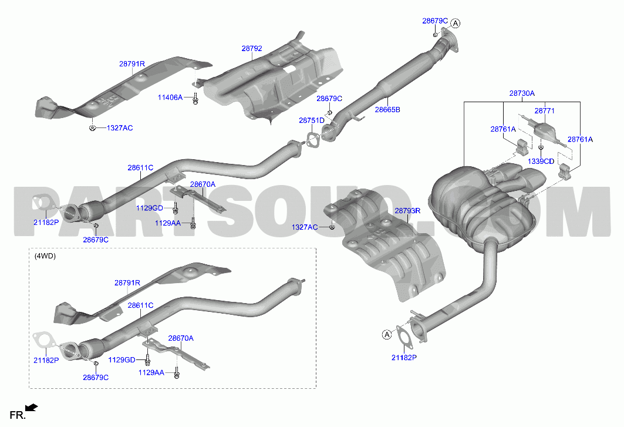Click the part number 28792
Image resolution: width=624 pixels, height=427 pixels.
pyautogui.click(x=251, y=49)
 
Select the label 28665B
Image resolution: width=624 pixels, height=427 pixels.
pyautogui.click(x=387, y=109)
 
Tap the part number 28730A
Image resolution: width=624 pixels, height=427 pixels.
pyautogui.click(x=522, y=93)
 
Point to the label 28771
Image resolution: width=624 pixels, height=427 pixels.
pyautogui.click(x=544, y=111)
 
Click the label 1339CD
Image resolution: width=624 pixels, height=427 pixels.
pyautogui.click(x=541, y=162)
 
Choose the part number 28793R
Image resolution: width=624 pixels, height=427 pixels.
pyautogui.click(x=407, y=211)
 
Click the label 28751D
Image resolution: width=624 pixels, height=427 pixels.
pyautogui.click(x=312, y=120)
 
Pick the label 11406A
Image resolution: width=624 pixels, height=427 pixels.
pyautogui.click(x=170, y=97)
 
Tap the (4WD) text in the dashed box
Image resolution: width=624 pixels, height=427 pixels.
pyautogui.click(x=45, y=256)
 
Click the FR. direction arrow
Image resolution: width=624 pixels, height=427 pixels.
pyautogui.click(x=32, y=407)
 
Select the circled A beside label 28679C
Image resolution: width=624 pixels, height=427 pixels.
pyautogui.click(x=456, y=23)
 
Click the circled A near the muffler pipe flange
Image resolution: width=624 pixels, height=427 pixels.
pyautogui.click(x=387, y=335)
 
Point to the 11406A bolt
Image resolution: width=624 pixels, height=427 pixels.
pyautogui.click(x=195, y=99)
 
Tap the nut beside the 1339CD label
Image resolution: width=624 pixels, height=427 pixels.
pyautogui.click(x=541, y=147)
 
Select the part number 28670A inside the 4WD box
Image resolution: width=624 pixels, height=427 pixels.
pyautogui.click(x=181, y=338)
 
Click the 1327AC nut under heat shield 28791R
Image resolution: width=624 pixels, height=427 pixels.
pyautogui.click(x=92, y=128)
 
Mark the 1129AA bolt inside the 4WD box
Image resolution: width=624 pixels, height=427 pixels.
pyautogui.click(x=177, y=374)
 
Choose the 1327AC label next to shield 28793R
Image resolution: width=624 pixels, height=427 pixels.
pyautogui.click(x=305, y=227)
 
